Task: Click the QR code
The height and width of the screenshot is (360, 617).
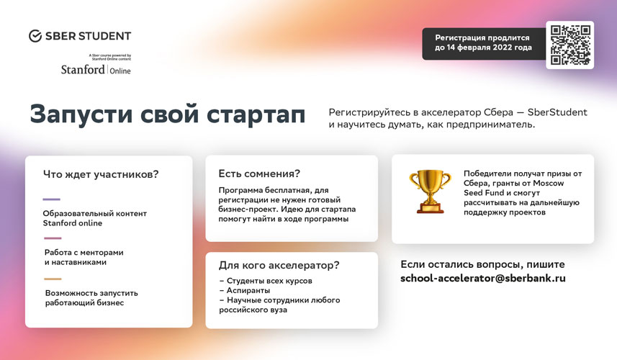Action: point(569,45)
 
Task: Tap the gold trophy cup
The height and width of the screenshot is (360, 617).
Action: point(430,192)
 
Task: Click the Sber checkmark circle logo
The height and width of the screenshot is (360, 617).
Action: point(35,36)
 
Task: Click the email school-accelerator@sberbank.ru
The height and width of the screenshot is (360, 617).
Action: point(483,278)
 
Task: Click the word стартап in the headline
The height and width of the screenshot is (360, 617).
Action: point(256,115)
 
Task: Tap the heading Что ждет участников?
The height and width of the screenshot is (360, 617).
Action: point(101,174)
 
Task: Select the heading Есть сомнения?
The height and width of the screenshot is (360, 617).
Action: point(259,174)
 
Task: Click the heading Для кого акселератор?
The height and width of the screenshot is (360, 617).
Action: point(279,265)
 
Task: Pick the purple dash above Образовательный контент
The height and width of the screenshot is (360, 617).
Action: point(52,199)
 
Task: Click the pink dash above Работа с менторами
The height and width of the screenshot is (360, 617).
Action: point(53,238)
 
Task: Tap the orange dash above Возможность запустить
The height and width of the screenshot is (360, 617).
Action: point(53,279)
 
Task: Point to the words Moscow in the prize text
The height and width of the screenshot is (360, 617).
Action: point(548,184)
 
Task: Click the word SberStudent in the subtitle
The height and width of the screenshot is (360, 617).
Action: point(557,112)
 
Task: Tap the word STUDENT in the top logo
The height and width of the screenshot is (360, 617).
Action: point(104,36)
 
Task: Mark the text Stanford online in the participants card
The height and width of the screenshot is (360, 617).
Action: point(73,223)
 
